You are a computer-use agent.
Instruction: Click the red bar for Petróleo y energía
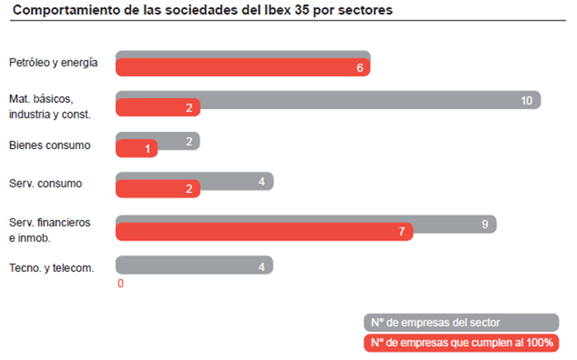[242, 68]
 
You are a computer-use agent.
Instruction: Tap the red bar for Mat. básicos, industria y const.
[157, 108]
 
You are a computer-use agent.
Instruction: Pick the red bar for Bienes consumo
[136, 149]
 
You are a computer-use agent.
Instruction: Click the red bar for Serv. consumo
[157, 189]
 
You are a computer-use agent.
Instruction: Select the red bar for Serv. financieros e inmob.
[264, 231]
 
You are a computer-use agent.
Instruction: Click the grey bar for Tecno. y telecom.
[194, 264]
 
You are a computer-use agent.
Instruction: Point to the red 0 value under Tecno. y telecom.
[120, 283]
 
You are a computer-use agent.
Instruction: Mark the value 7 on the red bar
[402, 232]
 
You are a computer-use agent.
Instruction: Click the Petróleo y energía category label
[54, 63]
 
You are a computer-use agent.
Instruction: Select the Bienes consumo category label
[49, 145]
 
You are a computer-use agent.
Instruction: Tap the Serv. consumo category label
[45, 183]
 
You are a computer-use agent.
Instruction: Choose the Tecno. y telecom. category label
[51, 267]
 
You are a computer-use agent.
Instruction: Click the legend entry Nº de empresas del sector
[460, 322]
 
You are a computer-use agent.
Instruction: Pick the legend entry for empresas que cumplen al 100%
[460, 342]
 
